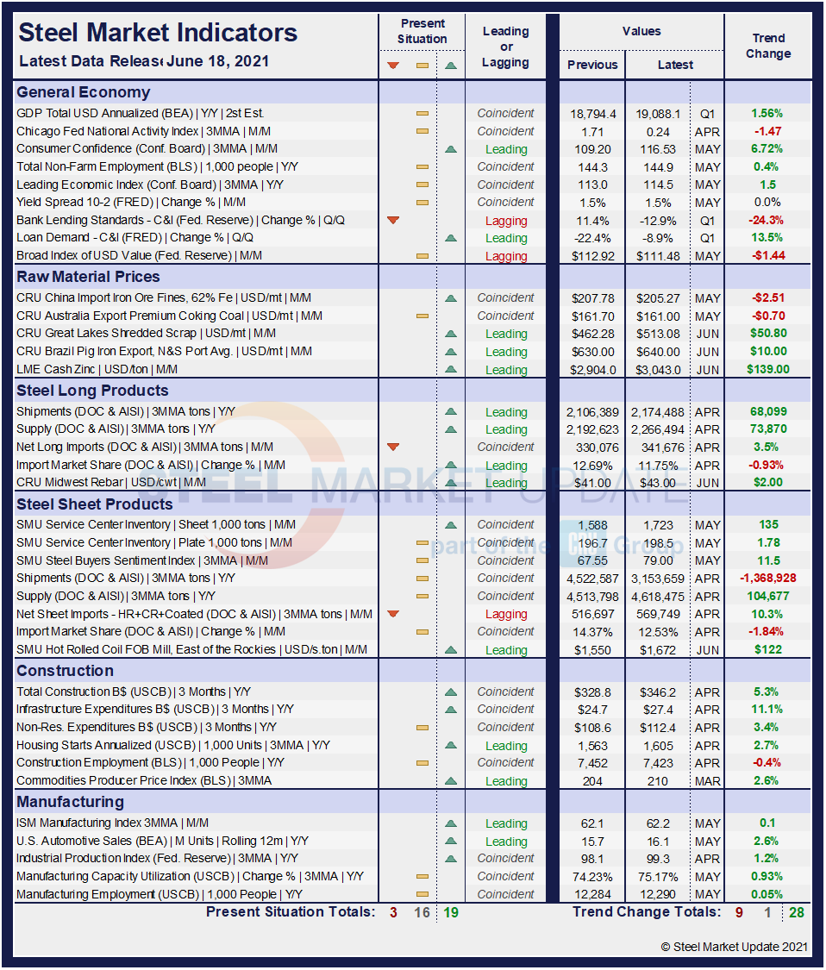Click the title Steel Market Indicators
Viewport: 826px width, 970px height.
pos(158,34)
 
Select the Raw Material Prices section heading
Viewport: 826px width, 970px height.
pos(88,277)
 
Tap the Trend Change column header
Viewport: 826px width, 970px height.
pos(767,46)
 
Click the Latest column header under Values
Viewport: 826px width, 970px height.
pos(674,65)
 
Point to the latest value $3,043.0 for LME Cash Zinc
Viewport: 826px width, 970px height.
pos(659,370)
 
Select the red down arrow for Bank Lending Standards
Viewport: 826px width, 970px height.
pos(393,221)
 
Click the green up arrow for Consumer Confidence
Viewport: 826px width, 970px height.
pos(450,149)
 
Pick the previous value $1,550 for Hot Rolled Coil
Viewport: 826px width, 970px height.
pos(592,650)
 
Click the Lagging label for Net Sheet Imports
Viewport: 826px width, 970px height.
pos(506,614)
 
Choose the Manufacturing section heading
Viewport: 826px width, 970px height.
pos(71,802)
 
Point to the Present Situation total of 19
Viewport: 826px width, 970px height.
pos(451,912)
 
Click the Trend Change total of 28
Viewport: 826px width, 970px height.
pos(796,912)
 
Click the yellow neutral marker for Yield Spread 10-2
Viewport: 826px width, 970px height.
pos(422,203)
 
